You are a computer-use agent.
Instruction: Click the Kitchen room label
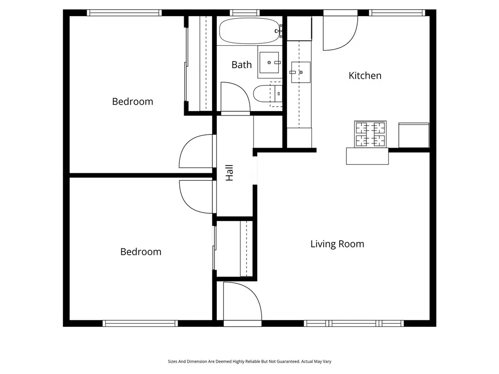coord(365,75)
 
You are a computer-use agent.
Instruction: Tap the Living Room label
coord(337,244)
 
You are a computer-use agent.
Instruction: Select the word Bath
coord(242,64)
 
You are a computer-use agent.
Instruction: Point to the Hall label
coord(230,173)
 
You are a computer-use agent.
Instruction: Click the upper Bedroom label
coord(133,101)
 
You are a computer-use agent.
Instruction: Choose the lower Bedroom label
coord(141,252)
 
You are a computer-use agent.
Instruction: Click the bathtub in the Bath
coord(249,31)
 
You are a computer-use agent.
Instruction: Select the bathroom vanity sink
coord(269,62)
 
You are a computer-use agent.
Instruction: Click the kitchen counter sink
coord(301,72)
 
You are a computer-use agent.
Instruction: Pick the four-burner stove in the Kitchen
coord(370,134)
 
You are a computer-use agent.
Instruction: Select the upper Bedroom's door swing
coord(197,152)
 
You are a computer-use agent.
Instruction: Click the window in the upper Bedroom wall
coord(124,13)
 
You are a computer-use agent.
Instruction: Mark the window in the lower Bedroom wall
coord(140,323)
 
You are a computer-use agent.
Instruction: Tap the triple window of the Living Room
coord(354,323)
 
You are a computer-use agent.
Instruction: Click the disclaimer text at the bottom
coord(249,361)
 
